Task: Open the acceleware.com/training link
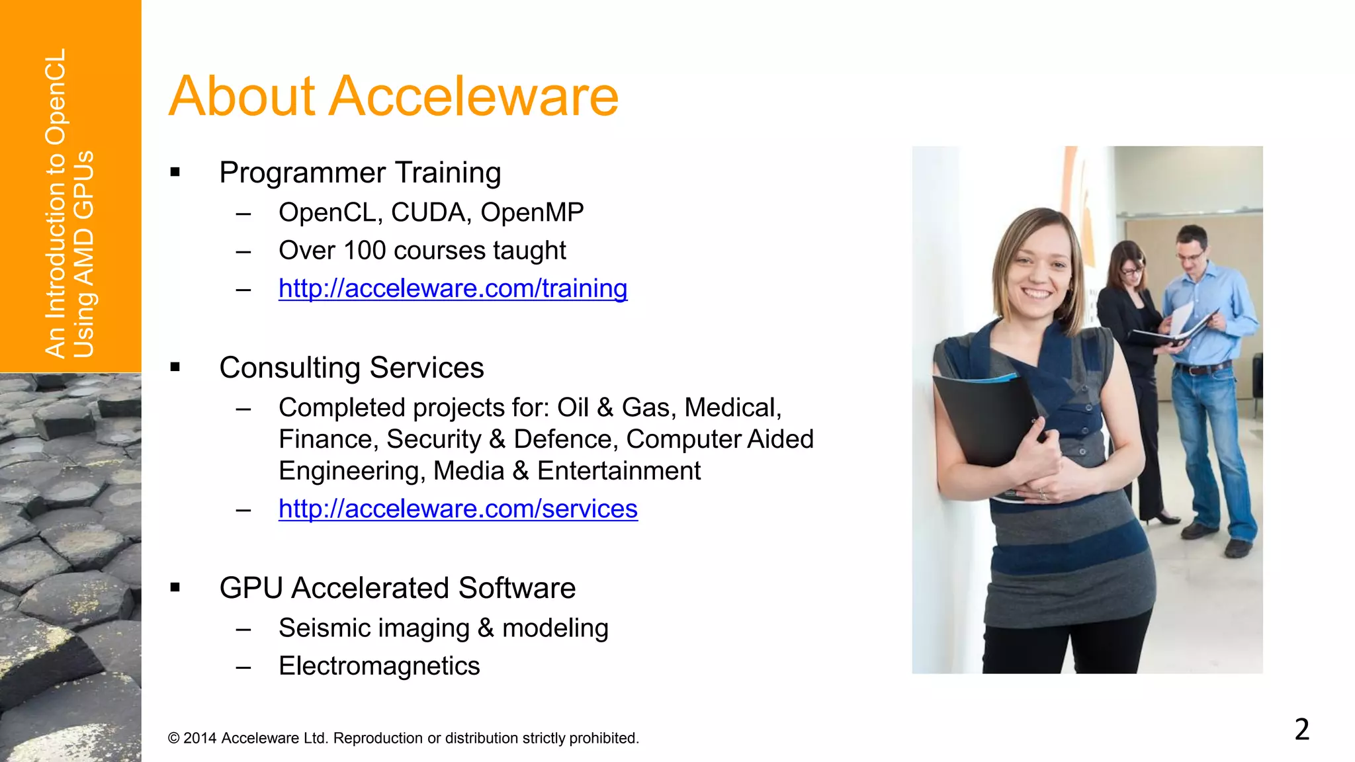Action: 453,289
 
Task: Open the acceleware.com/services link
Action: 458,509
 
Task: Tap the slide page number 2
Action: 1301,730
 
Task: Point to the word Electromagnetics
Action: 379,666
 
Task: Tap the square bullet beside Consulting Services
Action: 175,368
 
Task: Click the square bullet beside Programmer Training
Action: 175,173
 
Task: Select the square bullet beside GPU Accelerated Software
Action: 175,587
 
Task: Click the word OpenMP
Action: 532,213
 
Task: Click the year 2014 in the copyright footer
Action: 200,738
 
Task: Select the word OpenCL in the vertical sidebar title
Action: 57,96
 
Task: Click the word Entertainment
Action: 619,472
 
